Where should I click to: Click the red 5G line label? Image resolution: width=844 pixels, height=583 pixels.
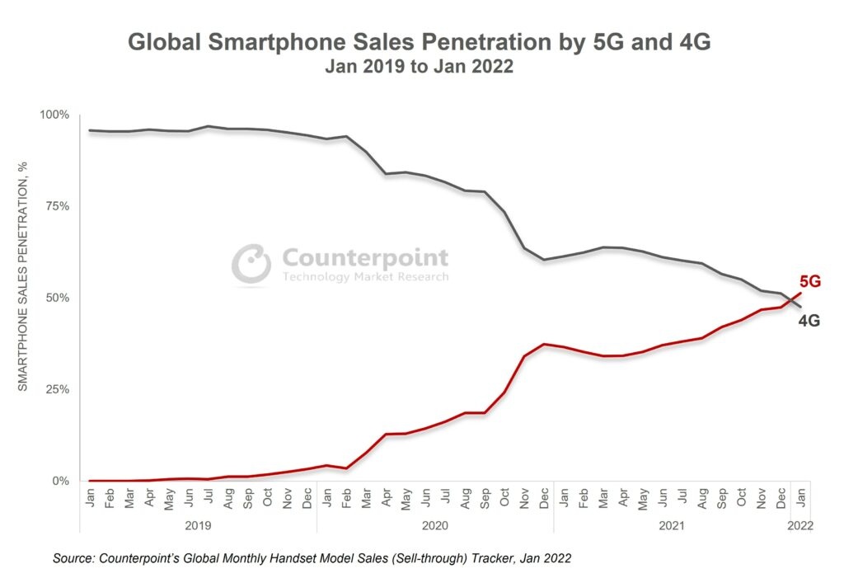click(x=810, y=282)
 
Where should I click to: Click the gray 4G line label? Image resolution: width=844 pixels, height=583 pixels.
click(x=809, y=322)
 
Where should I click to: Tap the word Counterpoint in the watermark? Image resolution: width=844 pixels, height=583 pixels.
click(x=365, y=257)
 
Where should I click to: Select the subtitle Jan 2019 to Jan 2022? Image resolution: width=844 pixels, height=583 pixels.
click(x=419, y=68)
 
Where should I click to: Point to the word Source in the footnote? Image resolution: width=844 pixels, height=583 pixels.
click(x=77, y=558)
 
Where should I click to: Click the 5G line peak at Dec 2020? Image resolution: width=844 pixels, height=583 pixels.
click(x=544, y=344)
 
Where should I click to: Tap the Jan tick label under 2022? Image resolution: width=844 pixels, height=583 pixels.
click(x=800, y=498)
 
